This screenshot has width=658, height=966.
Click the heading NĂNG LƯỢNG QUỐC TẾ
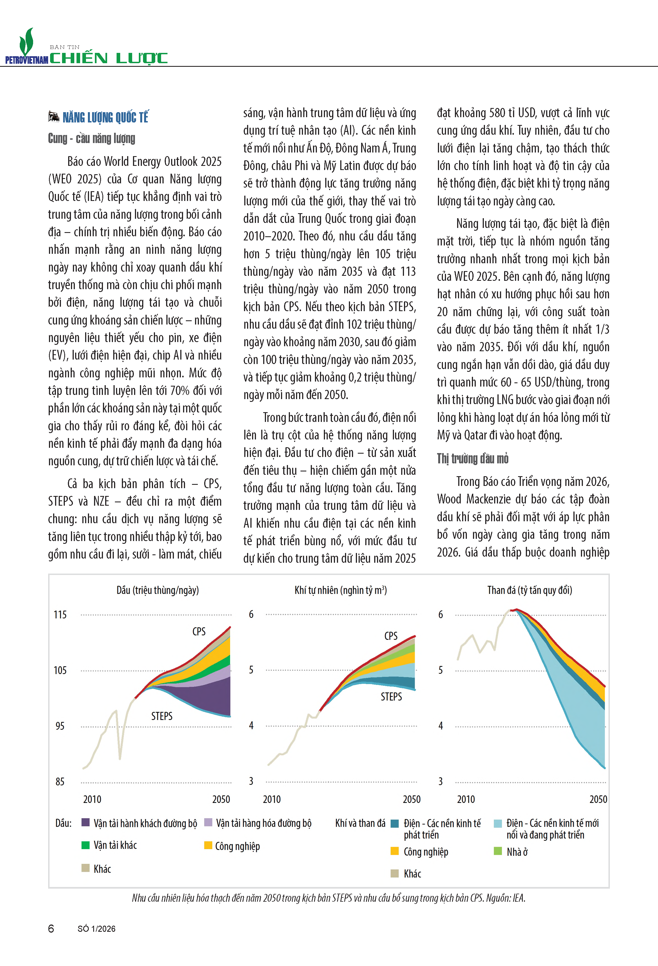tap(105, 118)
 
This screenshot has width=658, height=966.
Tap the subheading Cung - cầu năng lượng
tap(92, 138)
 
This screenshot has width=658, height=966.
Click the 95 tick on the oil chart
tap(60, 726)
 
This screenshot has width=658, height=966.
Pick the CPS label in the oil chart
tap(199, 631)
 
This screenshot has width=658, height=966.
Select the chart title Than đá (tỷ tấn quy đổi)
tap(529, 590)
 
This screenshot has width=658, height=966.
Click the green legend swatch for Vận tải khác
tap(86, 845)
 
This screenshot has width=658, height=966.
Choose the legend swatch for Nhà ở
tap(497, 851)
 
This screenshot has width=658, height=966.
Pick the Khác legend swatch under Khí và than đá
tap(395, 873)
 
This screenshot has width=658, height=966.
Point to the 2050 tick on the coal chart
tap(598, 799)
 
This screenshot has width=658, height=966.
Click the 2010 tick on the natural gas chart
tap(272, 799)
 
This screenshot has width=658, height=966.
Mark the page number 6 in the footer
tap(51, 929)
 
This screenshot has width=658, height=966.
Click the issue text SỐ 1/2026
tap(97, 929)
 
